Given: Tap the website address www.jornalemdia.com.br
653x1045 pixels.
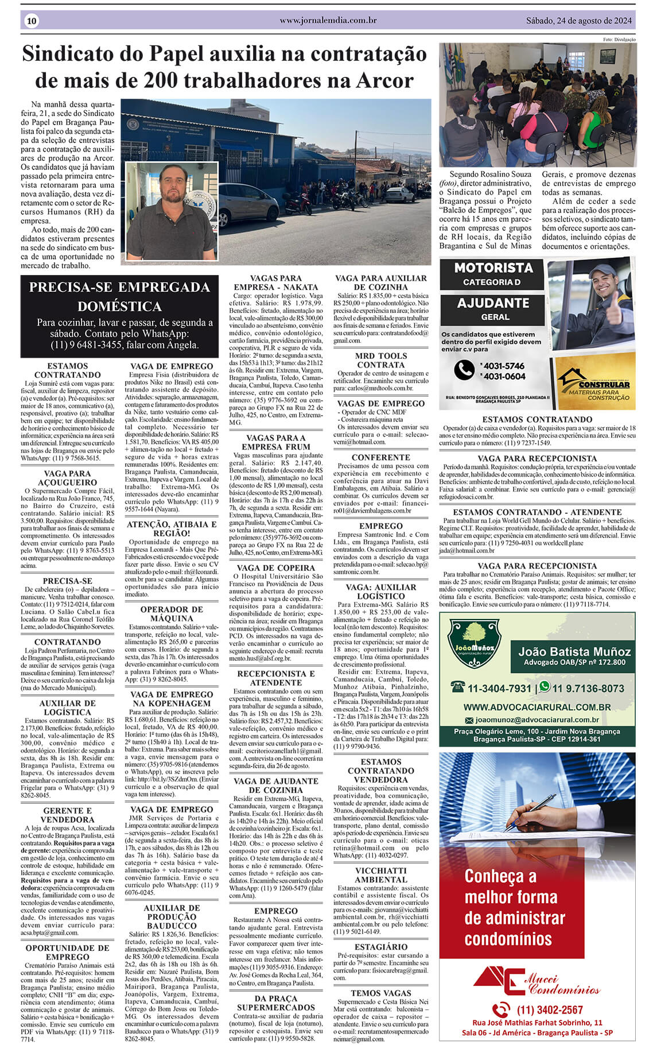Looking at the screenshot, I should pyautogui.click(x=328, y=20).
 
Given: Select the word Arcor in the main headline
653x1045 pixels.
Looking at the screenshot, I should pyautogui.click(x=385, y=80).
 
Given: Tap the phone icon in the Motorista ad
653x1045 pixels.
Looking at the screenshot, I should pyautogui.click(x=464, y=370).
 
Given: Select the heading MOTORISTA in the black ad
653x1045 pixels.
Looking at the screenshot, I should pyautogui.click(x=493, y=268).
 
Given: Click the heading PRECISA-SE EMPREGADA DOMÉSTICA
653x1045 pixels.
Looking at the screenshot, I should pyautogui.click(x=119, y=296).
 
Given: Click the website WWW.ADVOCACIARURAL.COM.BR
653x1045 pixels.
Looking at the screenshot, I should pyautogui.click(x=537, y=707).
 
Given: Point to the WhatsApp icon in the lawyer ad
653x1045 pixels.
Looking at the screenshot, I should pyautogui.click(x=543, y=687).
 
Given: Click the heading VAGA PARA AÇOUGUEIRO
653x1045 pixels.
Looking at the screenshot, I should pyautogui.click(x=68, y=478).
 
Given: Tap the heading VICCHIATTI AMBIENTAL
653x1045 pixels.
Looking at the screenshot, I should pyautogui.click(x=381, y=875).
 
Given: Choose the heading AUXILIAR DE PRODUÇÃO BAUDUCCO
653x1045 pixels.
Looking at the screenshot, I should pyautogui.click(x=172, y=917).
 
